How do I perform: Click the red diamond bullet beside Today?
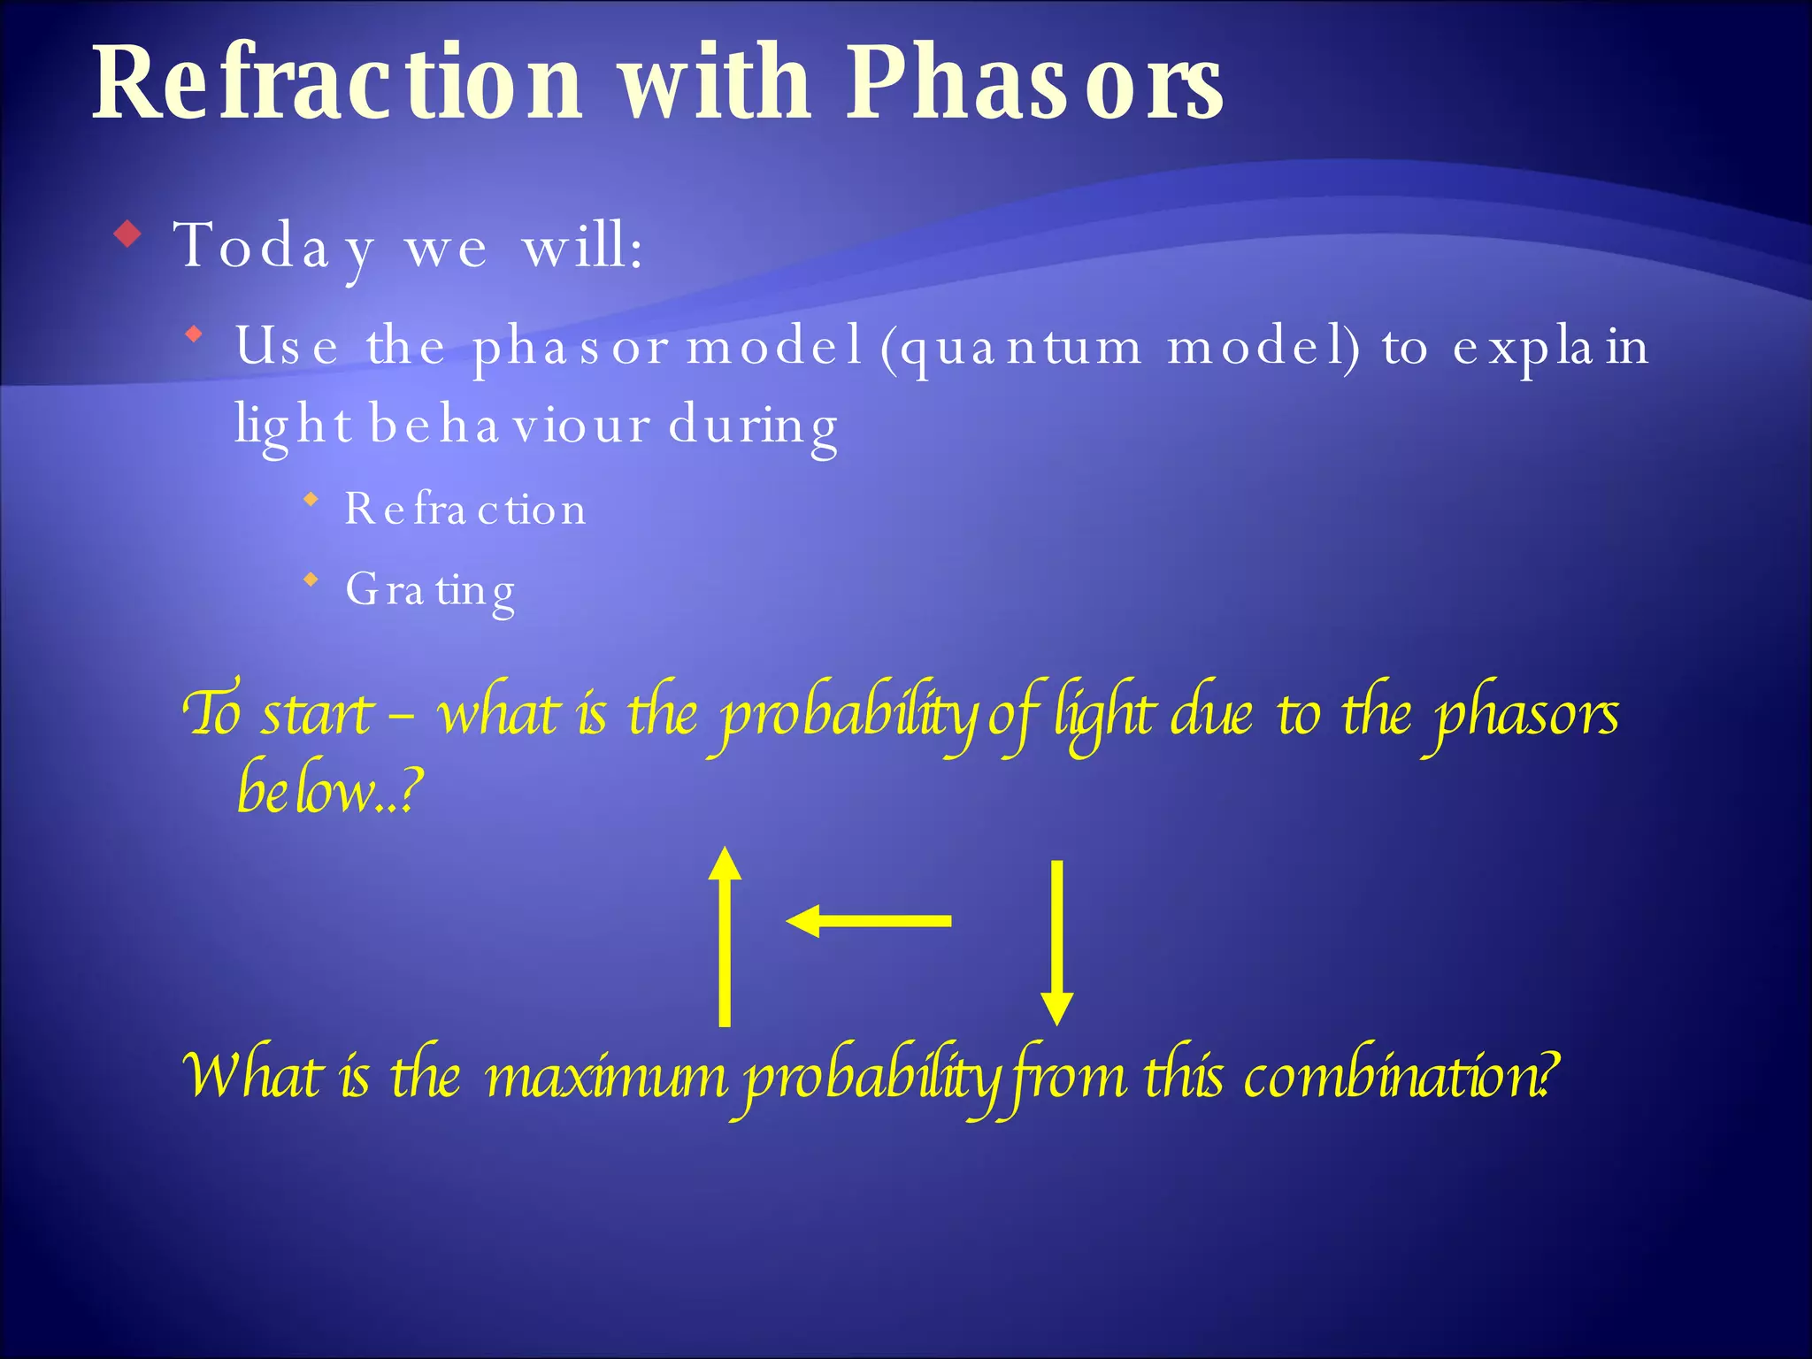tap(129, 235)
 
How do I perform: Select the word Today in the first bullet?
tap(275, 247)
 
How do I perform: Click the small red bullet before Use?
tap(195, 335)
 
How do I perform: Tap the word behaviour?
tap(509, 425)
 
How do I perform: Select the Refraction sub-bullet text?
tap(465, 509)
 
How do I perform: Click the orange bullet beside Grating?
tap(311, 580)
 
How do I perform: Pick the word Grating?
tap(430, 590)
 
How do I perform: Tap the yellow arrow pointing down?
tap(1056, 941)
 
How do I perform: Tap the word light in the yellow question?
tap(1104, 715)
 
